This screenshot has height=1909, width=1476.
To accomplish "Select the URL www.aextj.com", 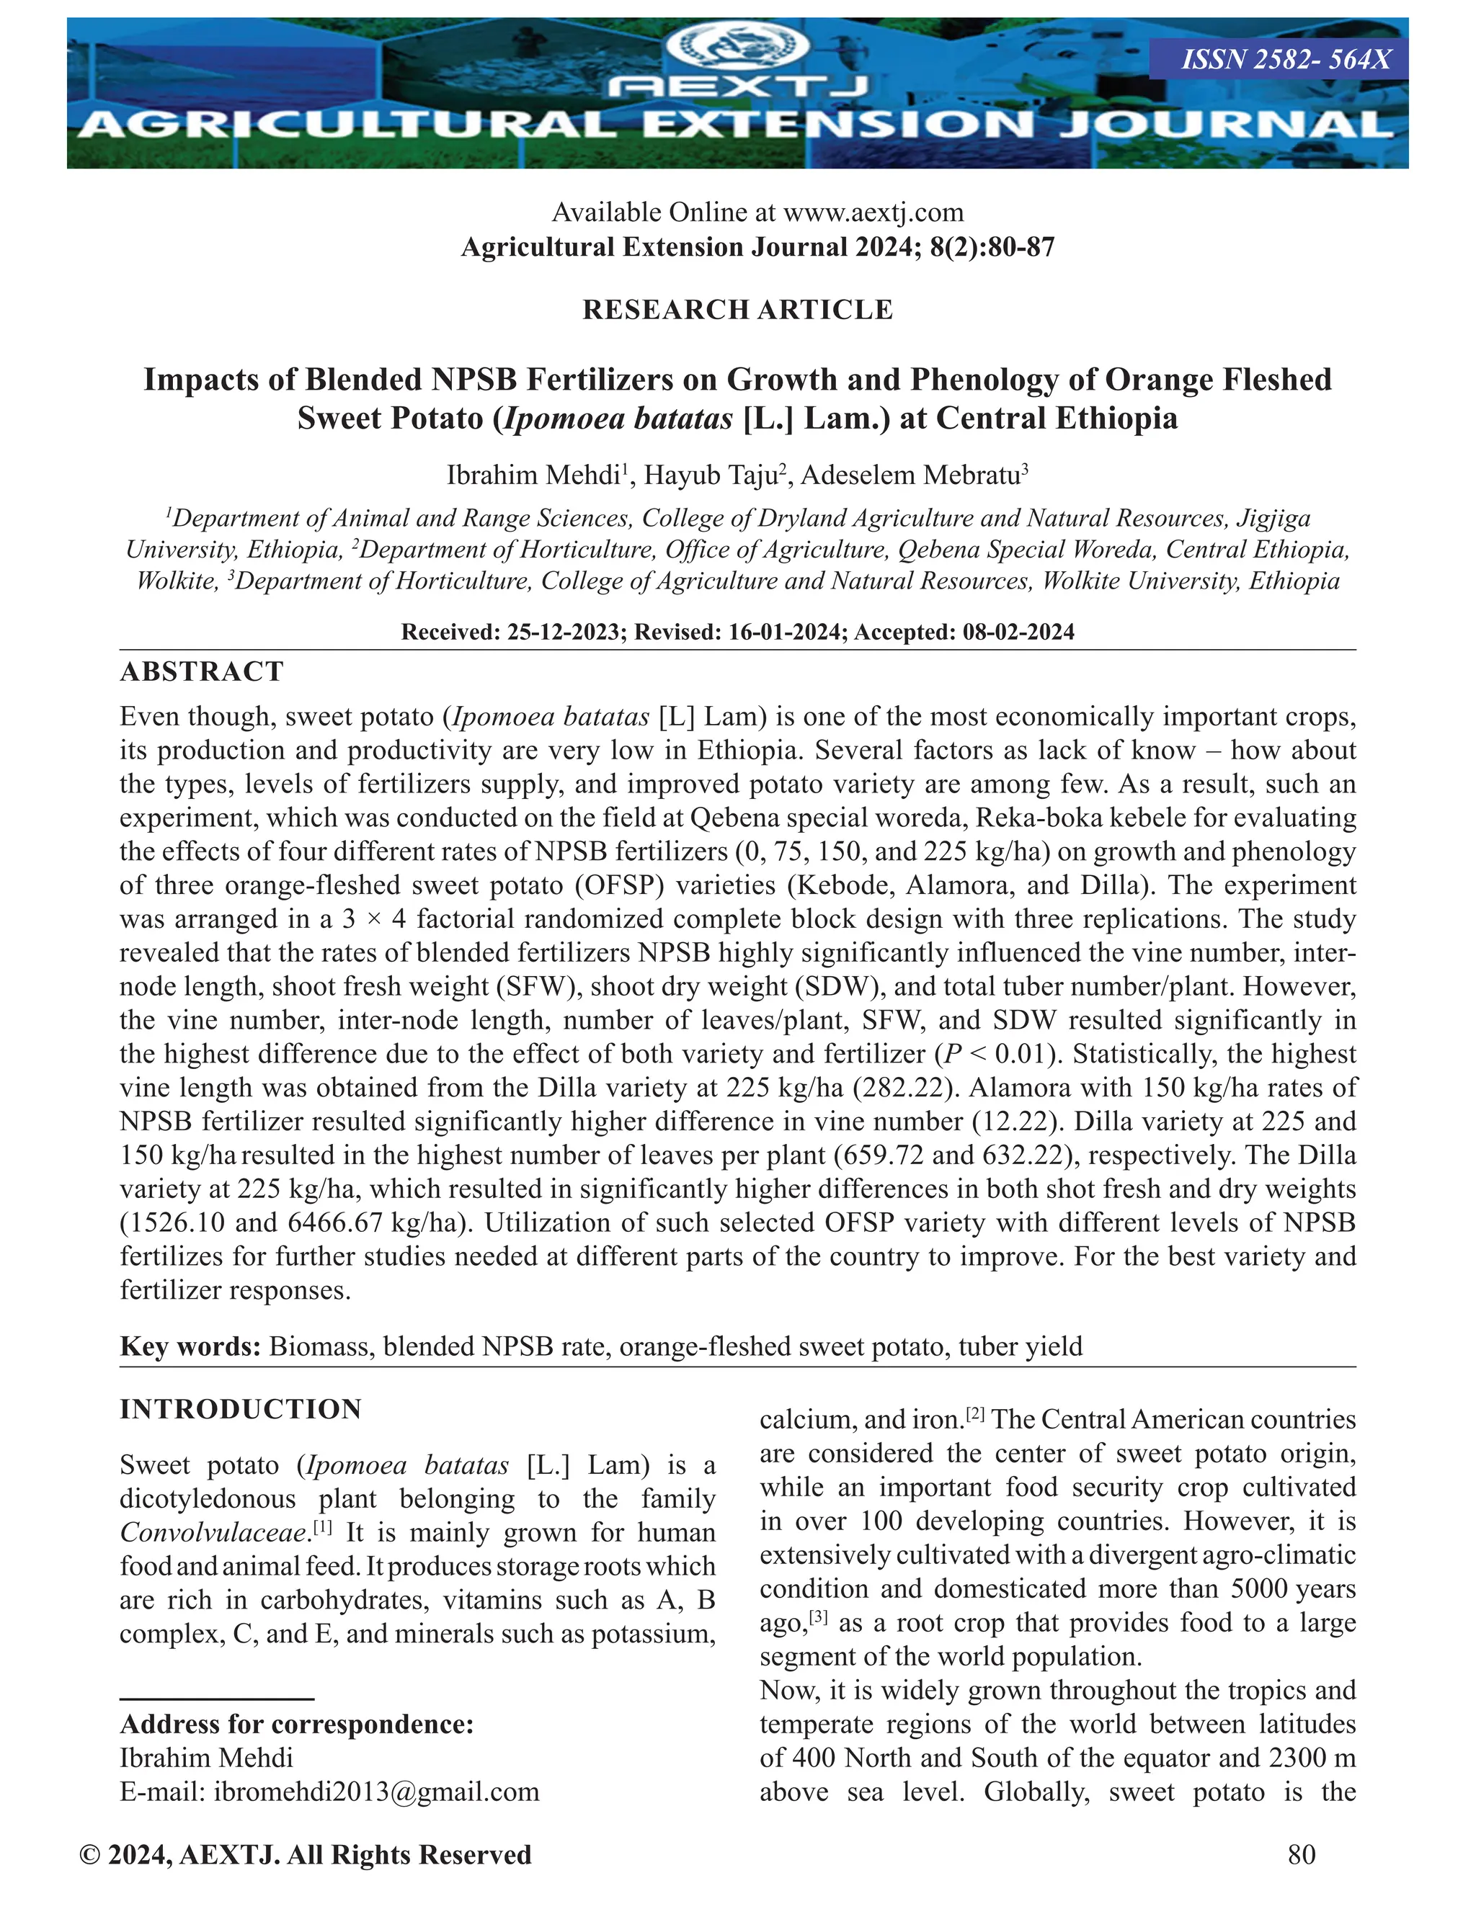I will click(873, 213).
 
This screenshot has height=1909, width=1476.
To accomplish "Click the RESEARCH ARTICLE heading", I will click(737, 310).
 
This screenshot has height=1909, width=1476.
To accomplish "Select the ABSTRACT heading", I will click(202, 671).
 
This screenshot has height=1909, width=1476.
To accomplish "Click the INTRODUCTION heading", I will click(241, 1410).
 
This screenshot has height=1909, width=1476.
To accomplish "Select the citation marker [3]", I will click(819, 1618).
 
